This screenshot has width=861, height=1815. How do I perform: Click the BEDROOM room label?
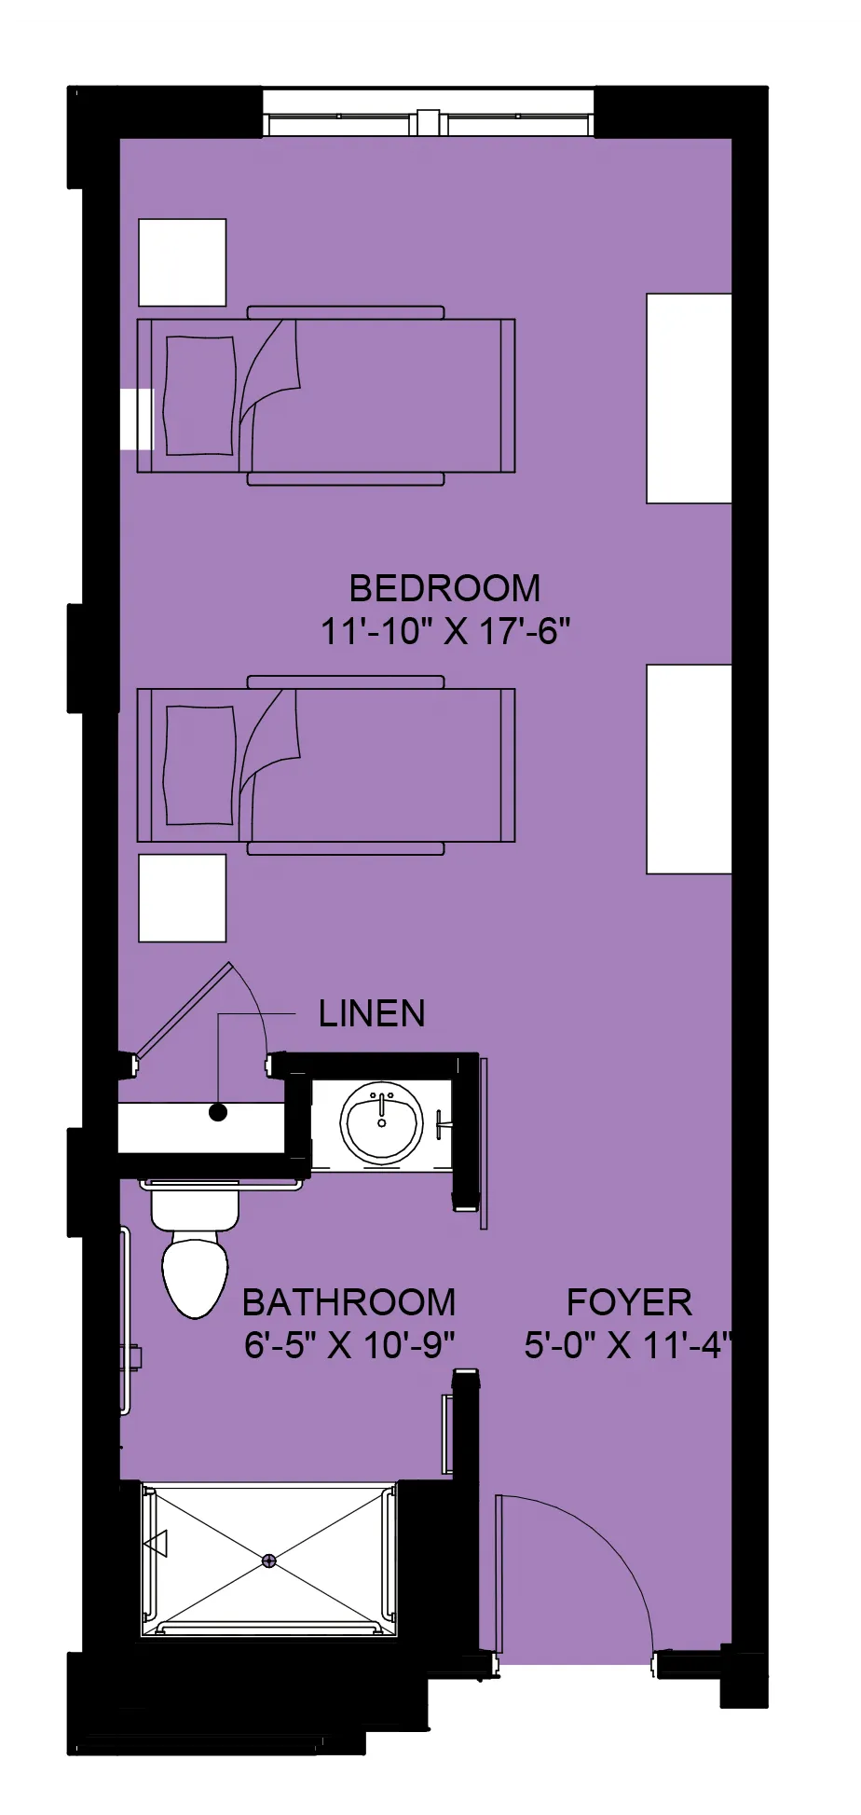pos(444,588)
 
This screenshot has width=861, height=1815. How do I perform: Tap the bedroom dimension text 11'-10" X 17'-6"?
pos(444,632)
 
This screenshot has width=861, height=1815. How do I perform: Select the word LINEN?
pos(372,1013)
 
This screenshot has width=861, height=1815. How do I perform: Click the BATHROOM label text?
pos(348,1301)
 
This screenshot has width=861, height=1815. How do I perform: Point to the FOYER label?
pos(629,1301)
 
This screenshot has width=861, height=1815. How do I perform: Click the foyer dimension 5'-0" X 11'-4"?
pos(629,1345)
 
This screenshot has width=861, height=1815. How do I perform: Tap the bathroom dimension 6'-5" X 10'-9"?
pos(348,1345)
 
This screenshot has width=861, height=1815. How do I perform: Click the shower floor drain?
pos(269,1560)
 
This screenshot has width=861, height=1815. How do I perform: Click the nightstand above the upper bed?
pos(183,262)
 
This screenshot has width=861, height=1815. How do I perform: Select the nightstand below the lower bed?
pos(183,898)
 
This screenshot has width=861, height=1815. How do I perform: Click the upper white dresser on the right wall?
pos(689,398)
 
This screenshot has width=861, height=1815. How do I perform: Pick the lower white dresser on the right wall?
pos(689,769)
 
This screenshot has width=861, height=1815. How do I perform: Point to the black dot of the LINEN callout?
pos(218,1112)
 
